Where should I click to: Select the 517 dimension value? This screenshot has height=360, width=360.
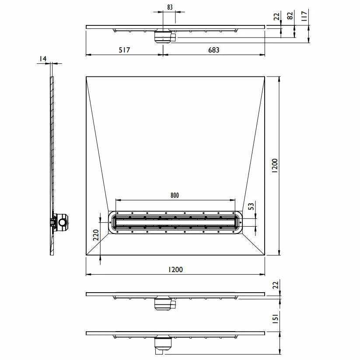click(x=124, y=50)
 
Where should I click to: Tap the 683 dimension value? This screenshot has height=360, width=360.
click(x=213, y=50)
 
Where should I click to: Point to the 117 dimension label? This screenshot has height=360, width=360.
click(x=304, y=17)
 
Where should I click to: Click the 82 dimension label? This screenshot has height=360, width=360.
click(x=290, y=17)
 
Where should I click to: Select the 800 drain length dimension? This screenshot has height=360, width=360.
click(x=175, y=195)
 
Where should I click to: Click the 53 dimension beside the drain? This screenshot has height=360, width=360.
click(x=251, y=206)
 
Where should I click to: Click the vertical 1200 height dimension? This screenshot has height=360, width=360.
click(x=274, y=166)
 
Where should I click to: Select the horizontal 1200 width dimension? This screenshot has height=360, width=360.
click(x=175, y=270)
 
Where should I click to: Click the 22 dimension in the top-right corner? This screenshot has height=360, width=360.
click(x=276, y=17)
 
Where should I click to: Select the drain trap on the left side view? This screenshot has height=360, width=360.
click(x=60, y=222)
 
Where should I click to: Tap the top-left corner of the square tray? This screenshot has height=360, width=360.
click(x=87, y=77)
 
